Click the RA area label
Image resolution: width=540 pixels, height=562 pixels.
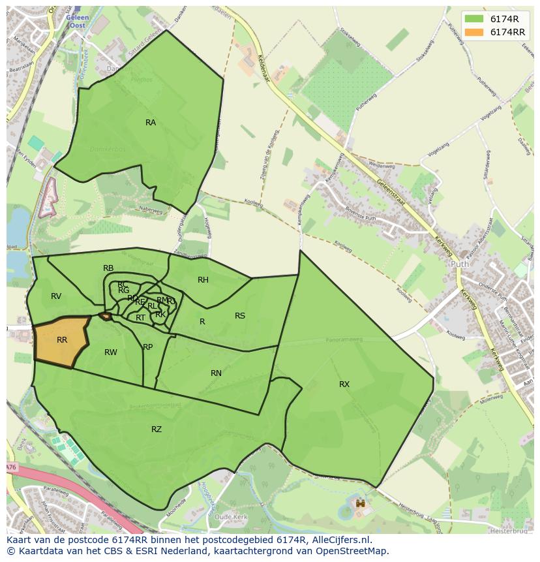151,123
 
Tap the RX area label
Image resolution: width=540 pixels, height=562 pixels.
344,384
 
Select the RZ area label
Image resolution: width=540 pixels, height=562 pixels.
157,429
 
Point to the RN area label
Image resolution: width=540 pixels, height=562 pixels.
216,373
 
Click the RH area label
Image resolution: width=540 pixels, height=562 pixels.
203,280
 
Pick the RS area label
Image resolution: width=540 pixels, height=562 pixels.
240,316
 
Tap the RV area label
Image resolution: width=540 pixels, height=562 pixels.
56,296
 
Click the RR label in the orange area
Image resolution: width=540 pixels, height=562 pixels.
62,340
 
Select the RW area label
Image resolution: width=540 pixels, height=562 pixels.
111,352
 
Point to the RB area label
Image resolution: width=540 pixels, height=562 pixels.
108,268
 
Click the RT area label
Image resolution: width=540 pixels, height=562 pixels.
140,318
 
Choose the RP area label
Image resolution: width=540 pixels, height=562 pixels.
148,347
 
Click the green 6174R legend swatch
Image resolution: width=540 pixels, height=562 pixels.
473,20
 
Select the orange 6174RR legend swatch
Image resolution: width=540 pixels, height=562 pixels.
473,32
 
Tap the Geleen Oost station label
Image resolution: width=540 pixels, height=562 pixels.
77,22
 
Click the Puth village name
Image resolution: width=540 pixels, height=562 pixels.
459,264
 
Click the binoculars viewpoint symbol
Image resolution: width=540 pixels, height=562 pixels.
359,504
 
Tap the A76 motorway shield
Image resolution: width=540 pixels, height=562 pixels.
10,467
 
